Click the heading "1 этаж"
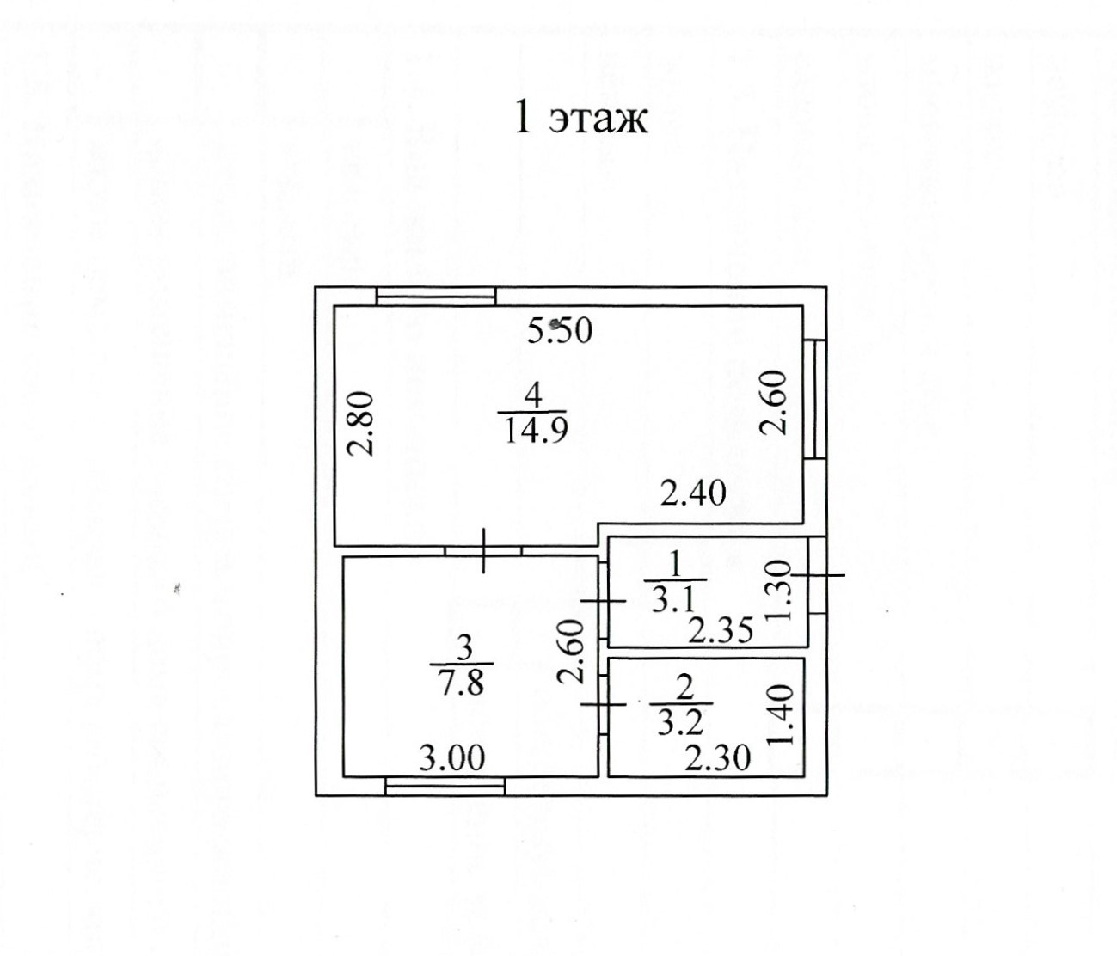coord(580,119)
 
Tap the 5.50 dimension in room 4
coord(560,330)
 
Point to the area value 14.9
coord(533,427)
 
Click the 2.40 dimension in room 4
coord(693,493)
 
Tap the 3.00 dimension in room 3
coord(451,757)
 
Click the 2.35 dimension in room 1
coord(721,631)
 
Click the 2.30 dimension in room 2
coord(718,757)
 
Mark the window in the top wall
coord(437,296)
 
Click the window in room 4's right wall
coord(819,398)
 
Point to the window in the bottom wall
coord(445,785)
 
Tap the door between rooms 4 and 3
coord(483,549)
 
